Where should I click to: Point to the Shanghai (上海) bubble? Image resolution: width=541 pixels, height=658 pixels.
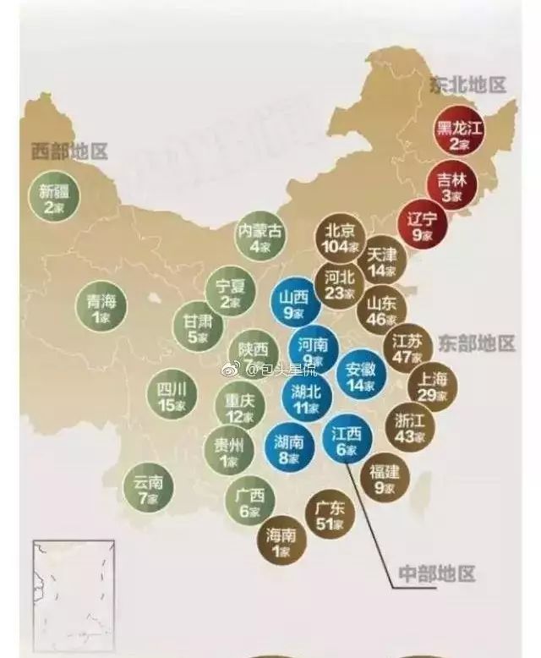pos(433,385)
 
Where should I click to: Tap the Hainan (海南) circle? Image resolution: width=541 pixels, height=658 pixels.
pos(281,541)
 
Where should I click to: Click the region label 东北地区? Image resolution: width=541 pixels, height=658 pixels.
pos(466,85)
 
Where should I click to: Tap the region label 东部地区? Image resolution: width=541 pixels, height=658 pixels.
pos(476,343)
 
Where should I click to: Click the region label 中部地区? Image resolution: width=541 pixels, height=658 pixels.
pos(434,574)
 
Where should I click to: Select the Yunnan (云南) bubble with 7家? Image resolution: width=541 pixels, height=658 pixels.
pos(149,490)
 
